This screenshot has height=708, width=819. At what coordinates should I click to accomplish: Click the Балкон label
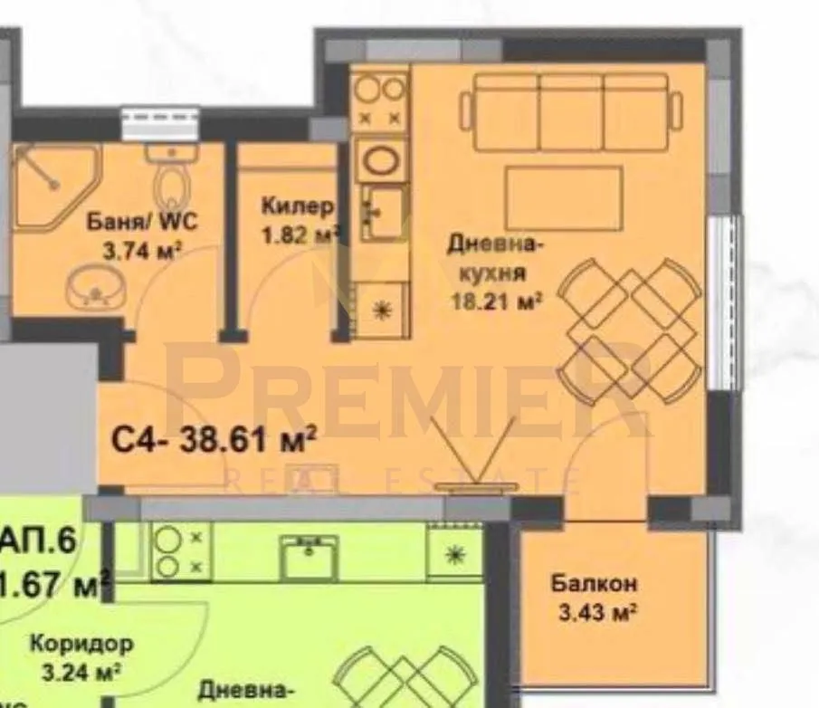click(x=594, y=584)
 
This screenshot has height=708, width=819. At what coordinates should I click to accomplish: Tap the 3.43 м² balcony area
click(x=594, y=613)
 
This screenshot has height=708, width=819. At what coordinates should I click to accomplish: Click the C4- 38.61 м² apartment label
click(x=214, y=441)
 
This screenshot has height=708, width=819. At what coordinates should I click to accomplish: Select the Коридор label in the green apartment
click(x=81, y=645)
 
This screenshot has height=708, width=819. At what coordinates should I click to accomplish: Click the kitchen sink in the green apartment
click(x=309, y=554)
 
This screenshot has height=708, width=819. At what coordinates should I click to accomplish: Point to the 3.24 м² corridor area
click(x=81, y=673)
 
